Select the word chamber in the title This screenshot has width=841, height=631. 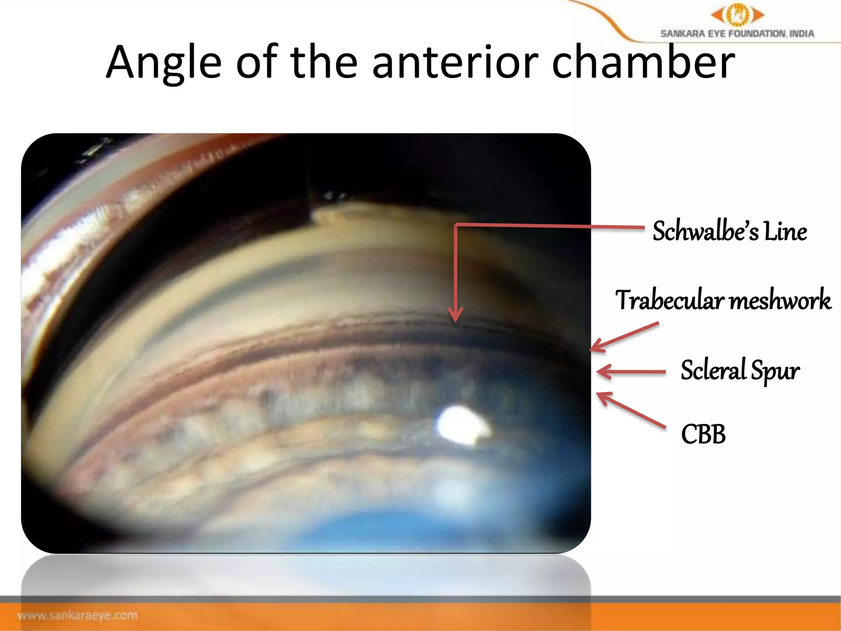(x=643, y=62)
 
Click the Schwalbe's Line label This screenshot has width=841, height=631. (x=729, y=231)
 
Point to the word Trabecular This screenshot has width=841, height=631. (x=669, y=300)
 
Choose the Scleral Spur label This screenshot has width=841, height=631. (x=740, y=370)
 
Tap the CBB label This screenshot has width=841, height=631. (x=703, y=434)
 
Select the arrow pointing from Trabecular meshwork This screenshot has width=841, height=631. (x=624, y=337)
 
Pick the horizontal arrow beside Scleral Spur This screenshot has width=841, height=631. (x=631, y=372)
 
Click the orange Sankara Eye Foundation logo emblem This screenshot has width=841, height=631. (x=738, y=15)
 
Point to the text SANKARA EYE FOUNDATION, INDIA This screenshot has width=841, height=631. (x=737, y=34)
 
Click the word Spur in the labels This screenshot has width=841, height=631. (x=775, y=371)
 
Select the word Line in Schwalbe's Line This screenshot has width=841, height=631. (x=785, y=231)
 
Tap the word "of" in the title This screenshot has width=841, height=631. (x=257, y=62)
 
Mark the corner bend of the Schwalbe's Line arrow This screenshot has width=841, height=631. (x=456, y=225)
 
